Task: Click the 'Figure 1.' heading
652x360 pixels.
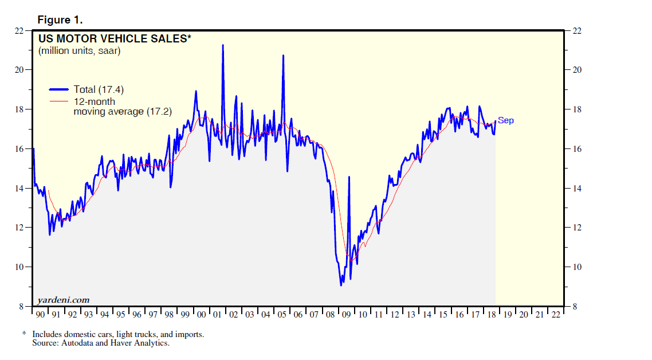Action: pyautogui.click(x=60, y=20)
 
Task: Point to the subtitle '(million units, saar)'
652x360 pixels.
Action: pyautogui.click(x=79, y=51)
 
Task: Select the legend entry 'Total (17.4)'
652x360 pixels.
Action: pyautogui.click(x=99, y=89)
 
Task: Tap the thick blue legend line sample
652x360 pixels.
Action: pyautogui.click(x=60, y=89)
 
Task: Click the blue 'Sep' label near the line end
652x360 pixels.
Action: pyautogui.click(x=506, y=120)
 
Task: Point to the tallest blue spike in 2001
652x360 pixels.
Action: pyautogui.click(x=222, y=45)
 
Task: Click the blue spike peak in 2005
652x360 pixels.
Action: pyautogui.click(x=283, y=56)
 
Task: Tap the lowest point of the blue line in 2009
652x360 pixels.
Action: pyautogui.click(x=341, y=285)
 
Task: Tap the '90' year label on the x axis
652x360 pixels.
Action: pyautogui.click(x=40, y=315)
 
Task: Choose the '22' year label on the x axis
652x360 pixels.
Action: pyautogui.click(x=555, y=315)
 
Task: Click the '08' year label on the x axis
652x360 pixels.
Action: pyautogui.click(x=330, y=315)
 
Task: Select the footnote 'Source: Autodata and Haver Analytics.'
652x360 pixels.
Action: pyautogui.click(x=101, y=343)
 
